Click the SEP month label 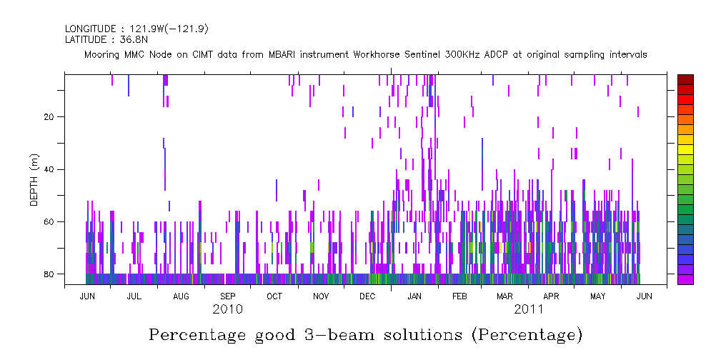coord(227,296)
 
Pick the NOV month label coord(321,296)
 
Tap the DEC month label coord(367,296)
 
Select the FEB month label coord(459,296)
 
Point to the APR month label coord(551,296)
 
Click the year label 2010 coord(227,309)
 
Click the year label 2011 coord(528,309)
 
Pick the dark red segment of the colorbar coord(685,79)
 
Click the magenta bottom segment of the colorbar coord(685,279)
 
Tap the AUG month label coord(181,296)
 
